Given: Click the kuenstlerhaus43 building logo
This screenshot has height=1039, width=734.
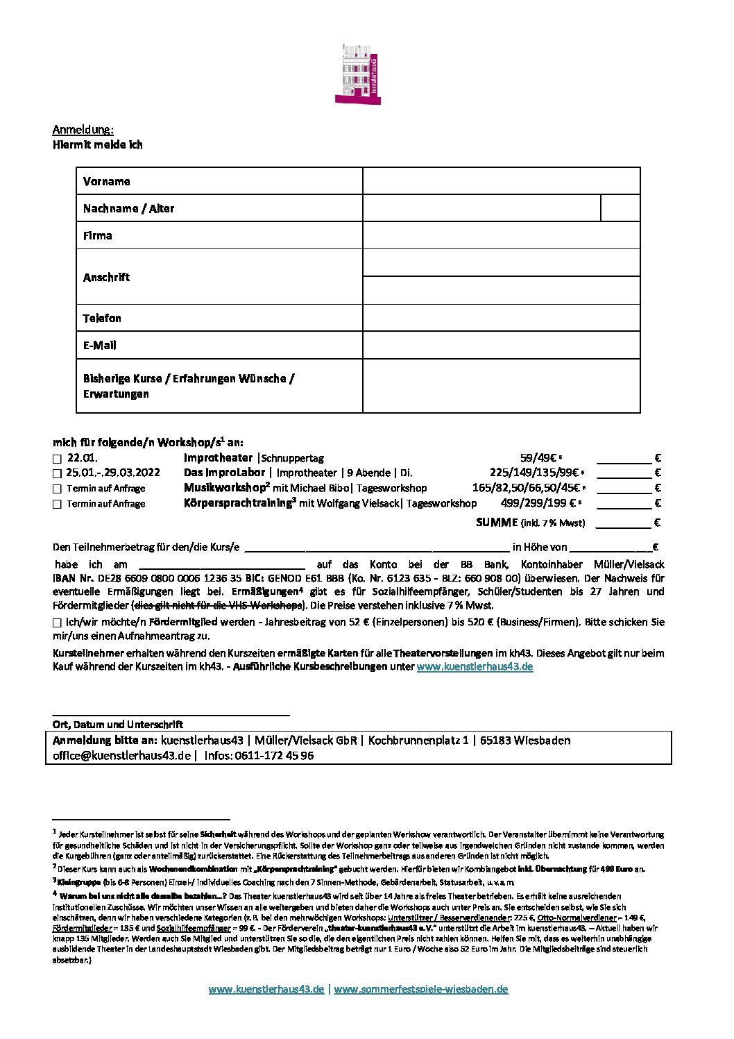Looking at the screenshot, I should coord(357,74).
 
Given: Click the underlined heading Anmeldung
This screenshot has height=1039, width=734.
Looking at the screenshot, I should coord(83,130).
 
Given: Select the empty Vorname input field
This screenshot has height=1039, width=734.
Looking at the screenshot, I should coord(500,181).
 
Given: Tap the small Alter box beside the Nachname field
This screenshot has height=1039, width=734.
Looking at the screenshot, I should coord(620,208).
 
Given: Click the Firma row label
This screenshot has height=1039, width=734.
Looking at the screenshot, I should coord(98,236).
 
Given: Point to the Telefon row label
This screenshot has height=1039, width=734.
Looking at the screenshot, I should coord(102,318).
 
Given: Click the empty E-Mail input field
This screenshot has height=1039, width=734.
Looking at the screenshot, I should coord(500,345).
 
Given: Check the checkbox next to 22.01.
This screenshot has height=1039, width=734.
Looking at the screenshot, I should coord(57,459).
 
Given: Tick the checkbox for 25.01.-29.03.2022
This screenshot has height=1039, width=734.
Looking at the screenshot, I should coord(57,473).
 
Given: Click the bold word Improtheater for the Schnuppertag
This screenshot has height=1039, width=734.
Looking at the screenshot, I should coord(218,458).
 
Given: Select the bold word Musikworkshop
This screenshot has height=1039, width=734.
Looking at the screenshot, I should coord(224,488).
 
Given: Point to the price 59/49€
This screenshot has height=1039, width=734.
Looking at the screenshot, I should coord(538,458).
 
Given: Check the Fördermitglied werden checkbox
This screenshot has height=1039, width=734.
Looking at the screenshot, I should coord(57,623).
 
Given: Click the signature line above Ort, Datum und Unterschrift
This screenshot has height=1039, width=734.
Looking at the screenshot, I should coord(171,714).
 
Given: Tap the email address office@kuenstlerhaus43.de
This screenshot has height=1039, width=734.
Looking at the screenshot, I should coord(121,756).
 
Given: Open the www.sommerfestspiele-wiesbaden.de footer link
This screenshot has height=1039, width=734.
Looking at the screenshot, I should coord(420,990).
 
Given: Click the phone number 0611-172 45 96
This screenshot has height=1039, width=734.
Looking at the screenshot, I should coord(274,756).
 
